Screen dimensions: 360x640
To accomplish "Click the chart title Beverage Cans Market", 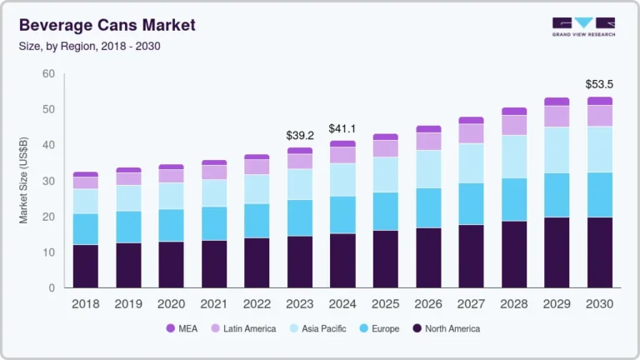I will pos(107,25).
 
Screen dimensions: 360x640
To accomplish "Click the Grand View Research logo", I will pos(583,27).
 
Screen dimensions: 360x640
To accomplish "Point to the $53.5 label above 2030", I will pos(599,85).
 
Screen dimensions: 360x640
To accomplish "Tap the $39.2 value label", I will pos(300,136).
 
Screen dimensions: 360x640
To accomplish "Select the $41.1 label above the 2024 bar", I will pos(342,128).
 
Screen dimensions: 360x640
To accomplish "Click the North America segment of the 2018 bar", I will pos(85,266).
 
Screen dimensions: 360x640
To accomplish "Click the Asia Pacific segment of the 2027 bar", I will pos(471,163).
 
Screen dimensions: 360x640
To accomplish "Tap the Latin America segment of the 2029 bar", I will pos(557,116).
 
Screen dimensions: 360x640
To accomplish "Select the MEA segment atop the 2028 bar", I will pos(513,111).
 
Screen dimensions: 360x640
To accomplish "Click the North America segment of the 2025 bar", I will pos(385,259).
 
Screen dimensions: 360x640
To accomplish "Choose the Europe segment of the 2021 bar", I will pos(214,223).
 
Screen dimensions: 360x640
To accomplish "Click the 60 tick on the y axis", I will pos(48,74).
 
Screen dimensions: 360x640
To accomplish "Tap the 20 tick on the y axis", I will pos(48,217).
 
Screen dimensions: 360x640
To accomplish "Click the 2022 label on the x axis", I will pos(257,304).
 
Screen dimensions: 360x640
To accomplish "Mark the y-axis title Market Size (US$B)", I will pos(23,181).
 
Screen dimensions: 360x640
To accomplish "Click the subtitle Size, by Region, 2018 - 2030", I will pos(89,46).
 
